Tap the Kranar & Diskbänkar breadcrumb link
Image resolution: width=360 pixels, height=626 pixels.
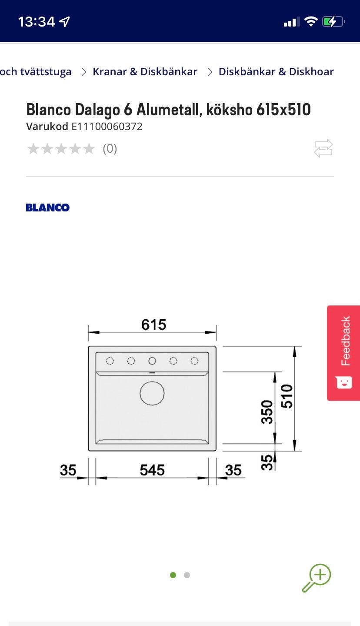pyautogui.click(x=145, y=72)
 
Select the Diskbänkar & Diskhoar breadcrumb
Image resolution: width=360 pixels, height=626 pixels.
pyautogui.click(x=276, y=72)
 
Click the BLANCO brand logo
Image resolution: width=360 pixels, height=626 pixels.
pyautogui.click(x=48, y=208)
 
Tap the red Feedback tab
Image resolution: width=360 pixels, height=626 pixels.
pyautogui.click(x=343, y=353)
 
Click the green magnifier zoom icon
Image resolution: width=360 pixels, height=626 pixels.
pyautogui.click(x=317, y=578)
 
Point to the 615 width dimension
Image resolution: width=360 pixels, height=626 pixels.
pyautogui.click(x=153, y=325)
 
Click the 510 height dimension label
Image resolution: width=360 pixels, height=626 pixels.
pyautogui.click(x=287, y=396)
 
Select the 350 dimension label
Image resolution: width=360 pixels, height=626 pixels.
pyautogui.click(x=267, y=412)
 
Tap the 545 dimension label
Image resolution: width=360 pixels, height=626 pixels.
pyautogui.click(x=152, y=470)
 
